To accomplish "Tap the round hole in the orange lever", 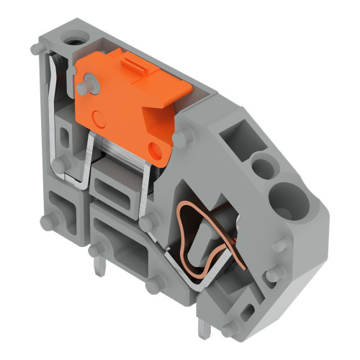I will click(x=155, y=149).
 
